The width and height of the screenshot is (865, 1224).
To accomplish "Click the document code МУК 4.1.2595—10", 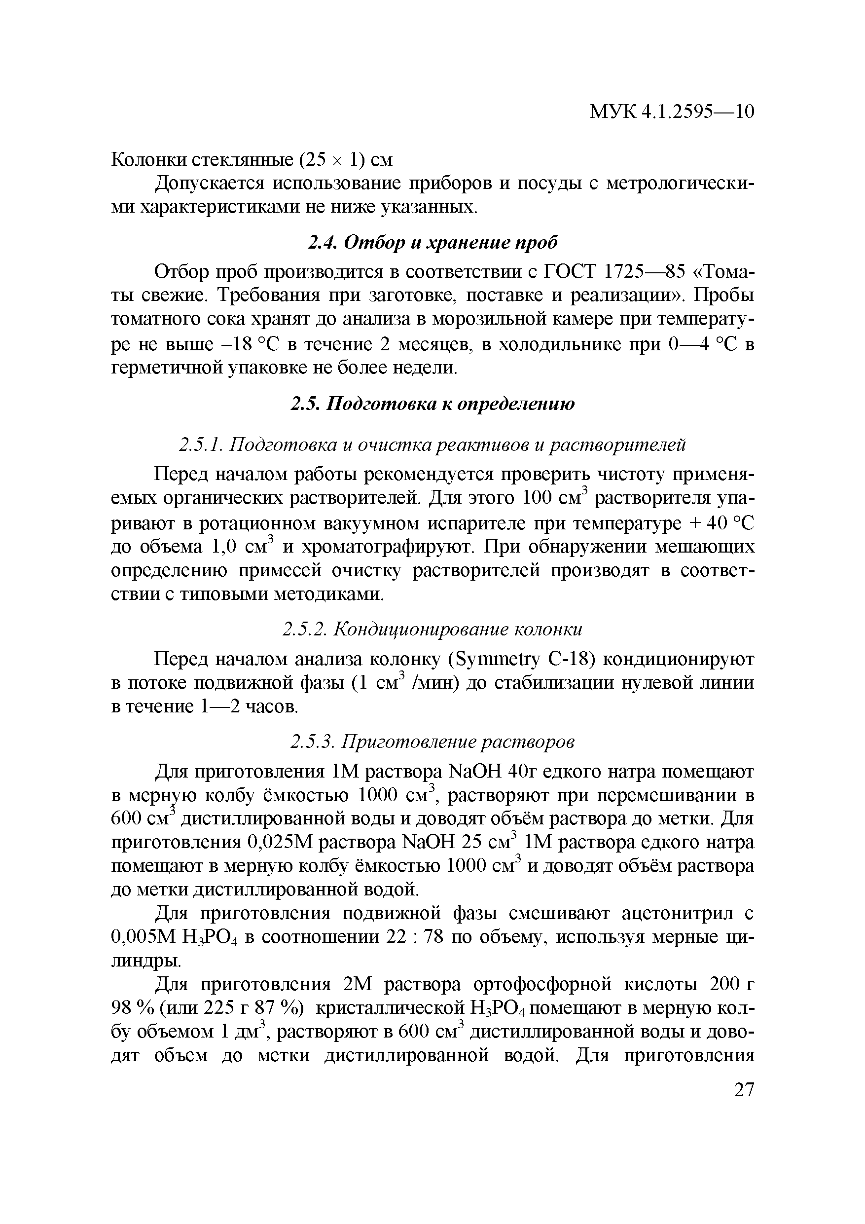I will coord(671,111).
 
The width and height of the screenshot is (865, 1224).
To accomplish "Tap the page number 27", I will coord(744,1090).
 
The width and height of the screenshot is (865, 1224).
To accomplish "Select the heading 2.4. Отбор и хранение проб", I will coord(433,243).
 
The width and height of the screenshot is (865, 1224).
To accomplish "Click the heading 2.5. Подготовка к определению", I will coord(433,404).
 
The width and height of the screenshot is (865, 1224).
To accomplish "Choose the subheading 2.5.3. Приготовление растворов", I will coord(433,742).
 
